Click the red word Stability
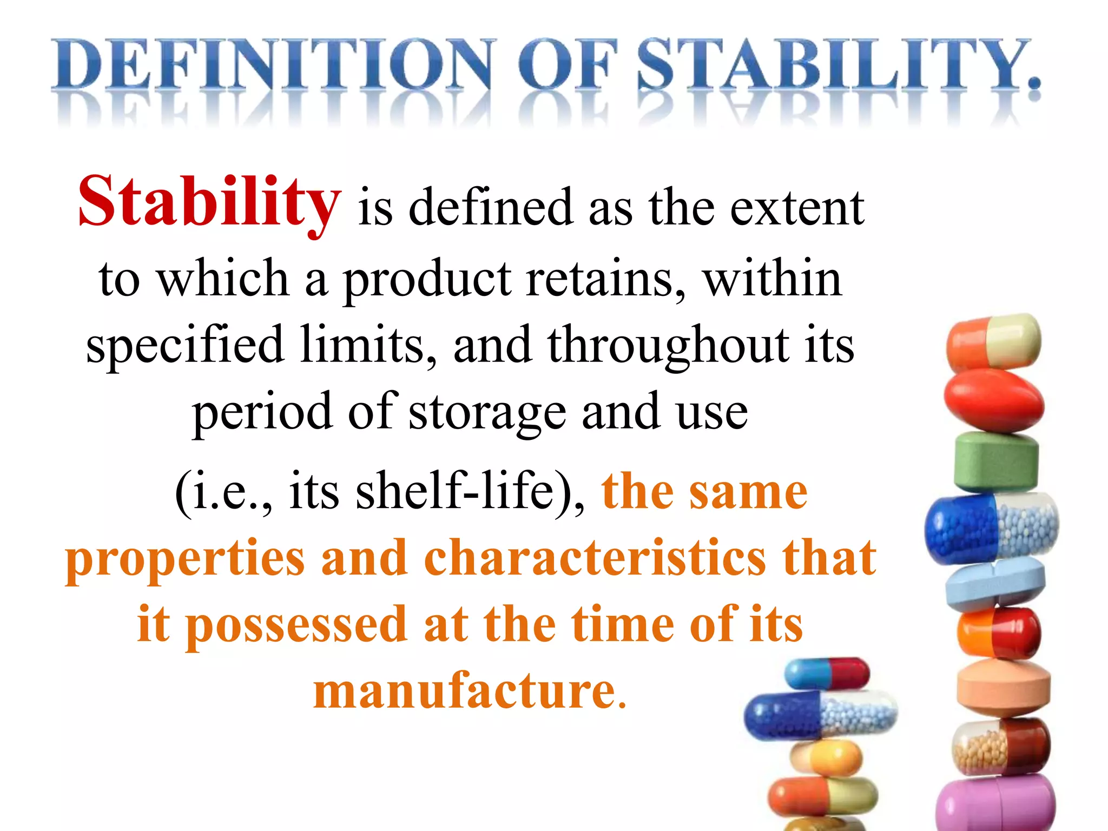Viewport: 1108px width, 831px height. pyautogui.click(x=210, y=203)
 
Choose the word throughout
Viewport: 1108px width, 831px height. pyautogui.click(x=668, y=346)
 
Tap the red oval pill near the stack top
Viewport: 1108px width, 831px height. pyautogui.click(x=994, y=400)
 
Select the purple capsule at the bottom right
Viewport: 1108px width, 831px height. pyautogui.click(x=995, y=806)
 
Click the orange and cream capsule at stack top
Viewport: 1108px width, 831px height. pyautogui.click(x=993, y=341)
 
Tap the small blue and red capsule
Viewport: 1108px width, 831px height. pyautogui.click(x=827, y=674)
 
